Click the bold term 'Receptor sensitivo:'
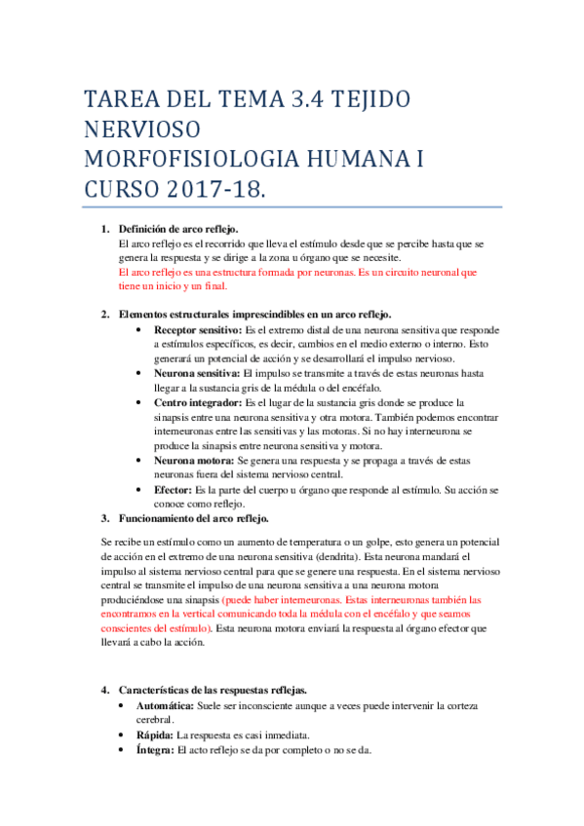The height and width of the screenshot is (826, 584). click(198, 331)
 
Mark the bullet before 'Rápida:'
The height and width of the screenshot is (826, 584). click(120, 734)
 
